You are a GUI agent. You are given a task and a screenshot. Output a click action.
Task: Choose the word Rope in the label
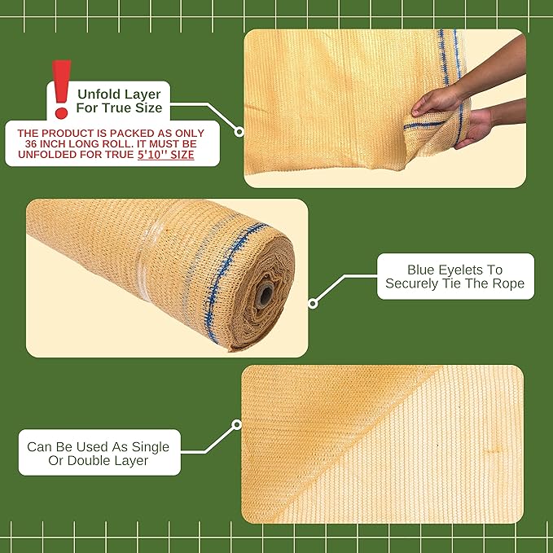point(506,283)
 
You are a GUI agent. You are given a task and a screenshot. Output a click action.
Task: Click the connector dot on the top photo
point(239,131)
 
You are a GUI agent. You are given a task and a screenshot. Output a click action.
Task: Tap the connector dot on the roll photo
point(313,304)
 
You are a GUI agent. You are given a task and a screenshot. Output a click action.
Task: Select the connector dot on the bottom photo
point(237,424)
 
